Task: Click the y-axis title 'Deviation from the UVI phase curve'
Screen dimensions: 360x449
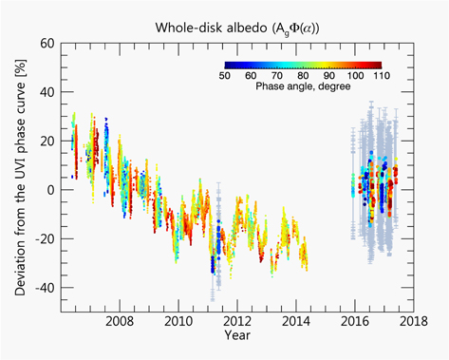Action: (x=19, y=179)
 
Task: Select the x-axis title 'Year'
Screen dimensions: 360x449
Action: (x=238, y=336)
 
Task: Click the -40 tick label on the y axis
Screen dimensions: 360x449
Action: (x=42, y=288)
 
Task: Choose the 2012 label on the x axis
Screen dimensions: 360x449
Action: (x=237, y=320)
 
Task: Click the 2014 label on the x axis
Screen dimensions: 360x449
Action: (x=296, y=320)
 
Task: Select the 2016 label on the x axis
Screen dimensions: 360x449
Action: (x=355, y=320)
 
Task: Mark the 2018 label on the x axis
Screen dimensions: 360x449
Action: (x=413, y=320)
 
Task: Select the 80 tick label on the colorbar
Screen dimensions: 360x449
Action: (x=302, y=75)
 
